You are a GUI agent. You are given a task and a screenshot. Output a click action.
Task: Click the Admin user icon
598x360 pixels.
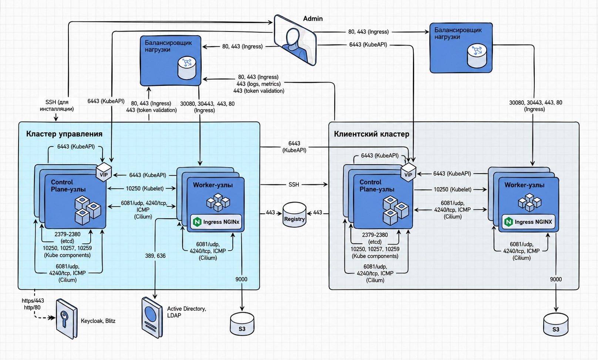(x=295, y=40)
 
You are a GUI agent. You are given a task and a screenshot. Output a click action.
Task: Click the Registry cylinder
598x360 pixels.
(x=295, y=215)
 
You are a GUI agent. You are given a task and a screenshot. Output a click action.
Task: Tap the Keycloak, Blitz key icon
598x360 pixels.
(x=67, y=319)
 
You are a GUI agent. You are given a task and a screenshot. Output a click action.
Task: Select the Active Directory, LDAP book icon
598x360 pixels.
(x=152, y=317)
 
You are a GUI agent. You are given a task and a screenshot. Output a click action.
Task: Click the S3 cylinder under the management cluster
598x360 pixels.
(x=242, y=324)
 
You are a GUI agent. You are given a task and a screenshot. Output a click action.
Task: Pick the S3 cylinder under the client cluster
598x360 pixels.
(x=556, y=324)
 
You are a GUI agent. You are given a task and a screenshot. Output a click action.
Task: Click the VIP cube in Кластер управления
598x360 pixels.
(x=104, y=172)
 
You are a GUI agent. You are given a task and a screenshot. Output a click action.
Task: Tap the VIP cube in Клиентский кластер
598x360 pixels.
(x=409, y=172)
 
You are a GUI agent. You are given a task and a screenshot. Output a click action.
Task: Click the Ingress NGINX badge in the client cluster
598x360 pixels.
(x=528, y=222)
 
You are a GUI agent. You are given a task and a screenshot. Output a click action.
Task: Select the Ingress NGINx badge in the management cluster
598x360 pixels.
(x=216, y=222)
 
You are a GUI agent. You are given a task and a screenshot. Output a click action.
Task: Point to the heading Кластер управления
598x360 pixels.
(x=64, y=134)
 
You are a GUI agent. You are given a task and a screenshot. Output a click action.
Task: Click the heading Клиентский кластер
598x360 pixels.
(x=372, y=134)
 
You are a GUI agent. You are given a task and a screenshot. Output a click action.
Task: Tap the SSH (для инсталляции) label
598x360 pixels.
(x=57, y=105)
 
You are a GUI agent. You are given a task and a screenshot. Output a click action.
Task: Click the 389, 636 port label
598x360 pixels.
(x=155, y=256)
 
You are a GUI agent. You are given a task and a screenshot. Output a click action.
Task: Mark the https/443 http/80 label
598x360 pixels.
(x=33, y=304)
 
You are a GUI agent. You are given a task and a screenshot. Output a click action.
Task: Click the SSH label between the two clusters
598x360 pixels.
(x=294, y=184)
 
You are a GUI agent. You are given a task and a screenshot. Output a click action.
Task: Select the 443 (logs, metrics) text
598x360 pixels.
(x=258, y=84)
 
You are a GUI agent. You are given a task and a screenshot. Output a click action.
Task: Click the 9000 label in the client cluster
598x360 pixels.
(x=556, y=279)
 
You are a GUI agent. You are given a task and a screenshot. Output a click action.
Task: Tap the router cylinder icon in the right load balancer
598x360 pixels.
(x=477, y=55)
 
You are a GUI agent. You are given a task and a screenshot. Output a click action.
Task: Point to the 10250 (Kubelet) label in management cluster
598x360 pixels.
(x=145, y=188)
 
